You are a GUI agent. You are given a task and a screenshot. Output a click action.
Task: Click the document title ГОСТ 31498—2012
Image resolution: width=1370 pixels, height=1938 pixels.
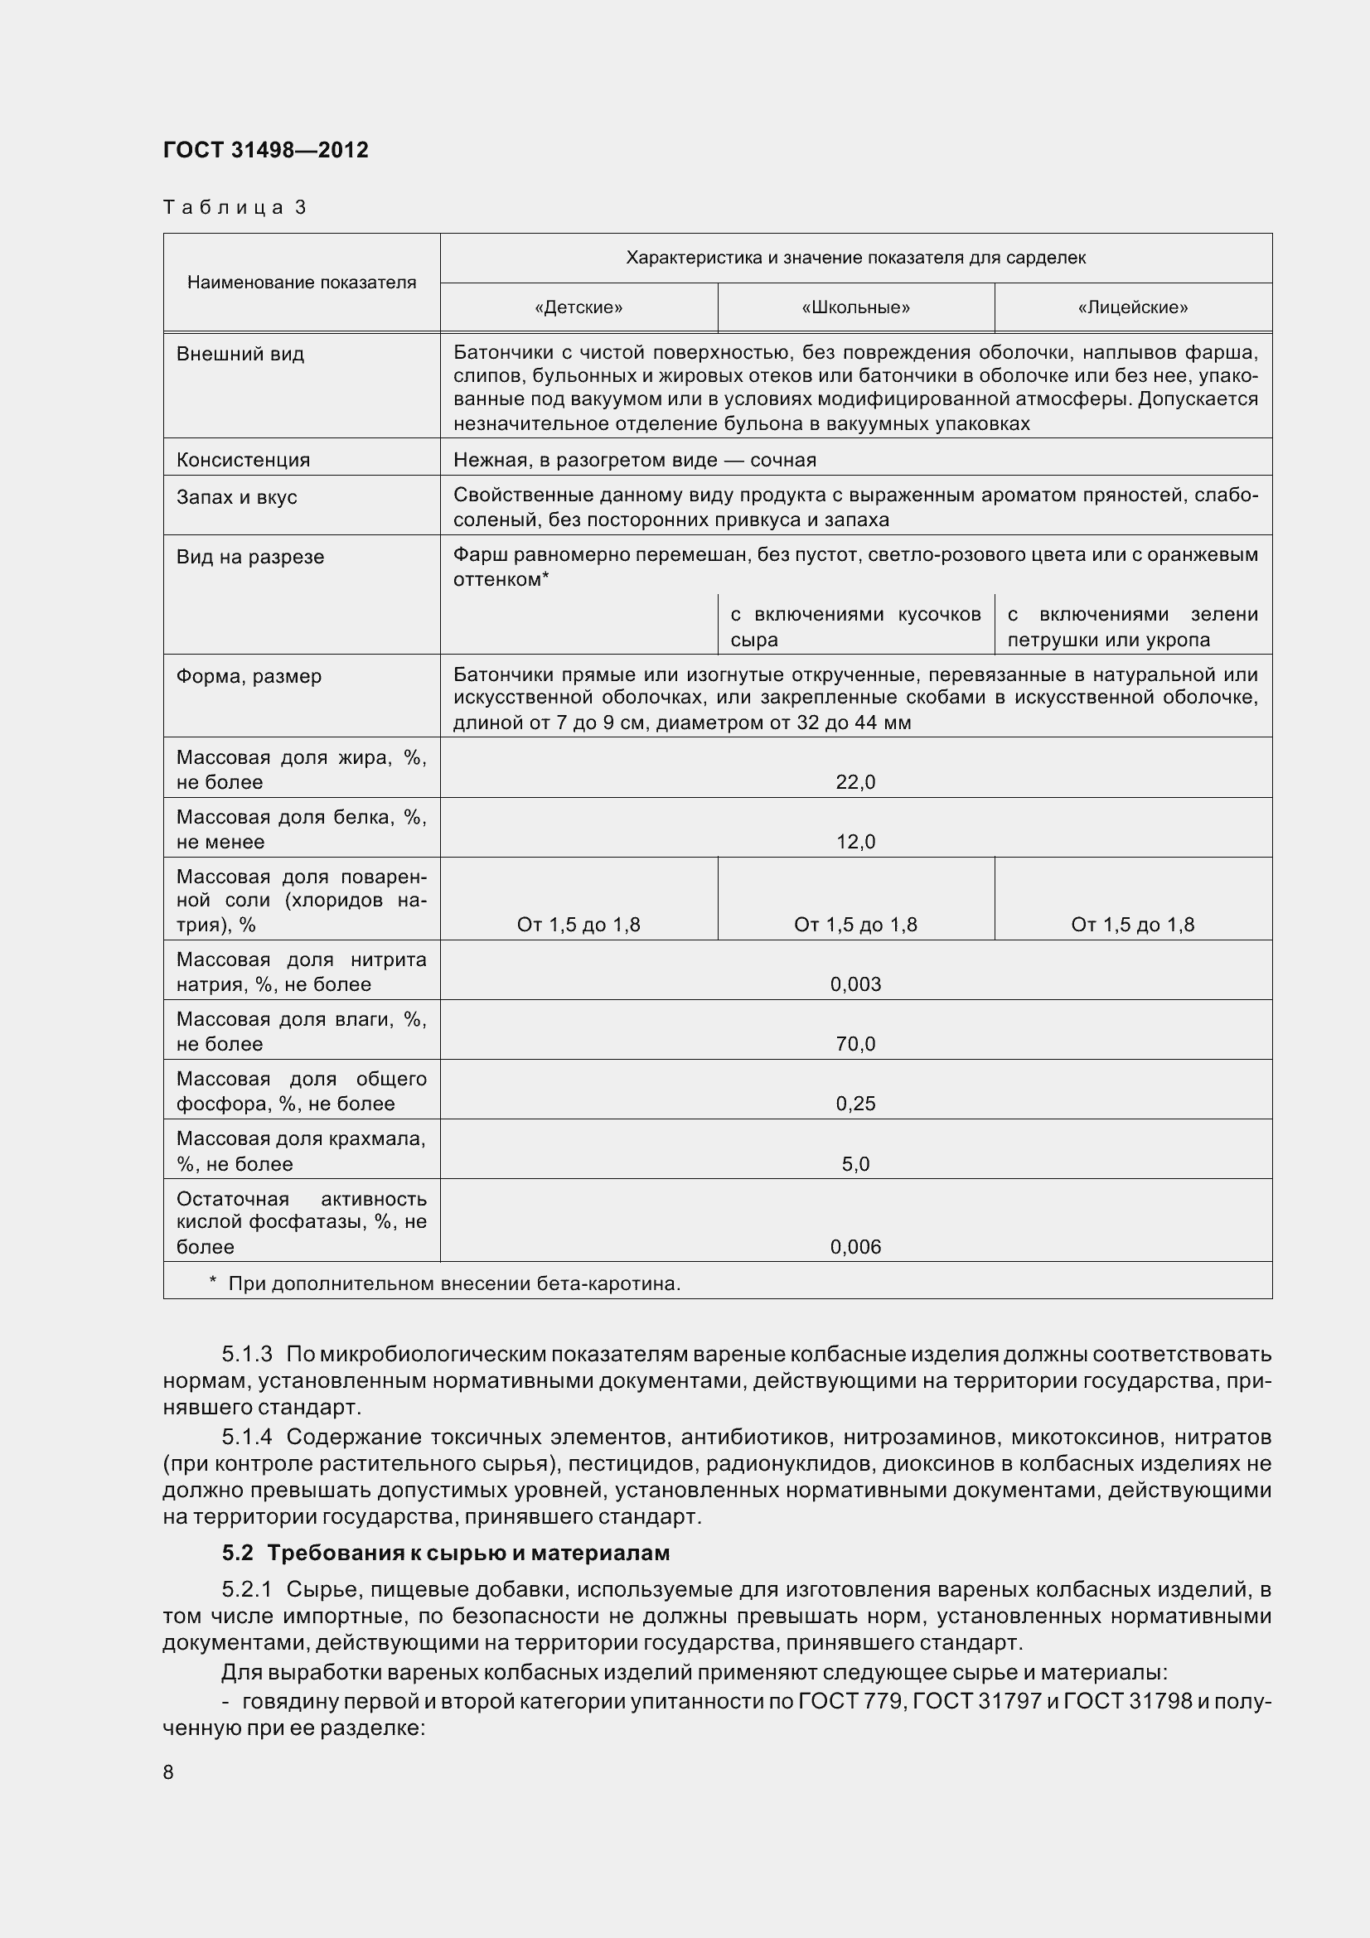point(266,150)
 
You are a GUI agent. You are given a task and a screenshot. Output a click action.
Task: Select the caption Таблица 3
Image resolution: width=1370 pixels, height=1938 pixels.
point(235,208)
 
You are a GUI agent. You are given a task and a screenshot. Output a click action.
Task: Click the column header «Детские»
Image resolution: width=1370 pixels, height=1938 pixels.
point(578,307)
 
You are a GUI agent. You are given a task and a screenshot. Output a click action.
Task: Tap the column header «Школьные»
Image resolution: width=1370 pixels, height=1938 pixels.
point(855,307)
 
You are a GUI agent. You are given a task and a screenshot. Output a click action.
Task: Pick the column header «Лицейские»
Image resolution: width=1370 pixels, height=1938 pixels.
point(1132,307)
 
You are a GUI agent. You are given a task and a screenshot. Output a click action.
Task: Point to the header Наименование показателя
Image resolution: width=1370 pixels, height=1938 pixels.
point(302,283)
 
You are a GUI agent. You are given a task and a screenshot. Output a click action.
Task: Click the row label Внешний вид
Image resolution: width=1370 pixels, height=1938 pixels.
point(240,354)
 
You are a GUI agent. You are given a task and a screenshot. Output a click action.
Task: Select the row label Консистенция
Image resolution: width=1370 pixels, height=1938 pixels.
point(243,460)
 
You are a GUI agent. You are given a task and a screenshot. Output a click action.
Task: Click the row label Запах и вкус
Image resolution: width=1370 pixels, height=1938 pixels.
point(236,497)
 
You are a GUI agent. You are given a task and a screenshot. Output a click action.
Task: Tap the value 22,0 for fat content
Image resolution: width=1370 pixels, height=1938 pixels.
point(855,782)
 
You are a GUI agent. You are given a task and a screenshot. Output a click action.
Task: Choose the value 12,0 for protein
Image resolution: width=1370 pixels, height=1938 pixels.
point(855,842)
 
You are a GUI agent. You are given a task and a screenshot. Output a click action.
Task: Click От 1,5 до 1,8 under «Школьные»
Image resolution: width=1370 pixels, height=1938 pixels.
point(855,926)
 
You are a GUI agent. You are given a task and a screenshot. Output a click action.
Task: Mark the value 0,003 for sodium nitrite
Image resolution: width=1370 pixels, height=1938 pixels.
point(855,985)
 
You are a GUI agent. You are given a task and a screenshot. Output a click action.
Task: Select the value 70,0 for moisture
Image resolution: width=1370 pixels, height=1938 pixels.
point(855,1044)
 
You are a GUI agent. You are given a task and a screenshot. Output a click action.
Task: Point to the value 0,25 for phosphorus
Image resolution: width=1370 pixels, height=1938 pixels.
point(855,1104)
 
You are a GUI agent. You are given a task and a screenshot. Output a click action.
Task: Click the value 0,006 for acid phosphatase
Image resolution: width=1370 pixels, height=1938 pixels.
point(855,1248)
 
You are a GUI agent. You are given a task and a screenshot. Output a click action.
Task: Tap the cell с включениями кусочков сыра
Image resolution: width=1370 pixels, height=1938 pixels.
point(855,626)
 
